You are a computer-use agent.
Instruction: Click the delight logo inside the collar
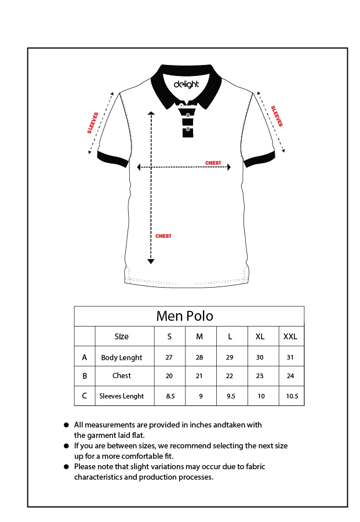(x=186, y=84)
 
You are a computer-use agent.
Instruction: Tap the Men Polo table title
(x=185, y=316)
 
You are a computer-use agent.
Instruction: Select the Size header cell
(x=122, y=336)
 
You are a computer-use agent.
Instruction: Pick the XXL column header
(x=290, y=336)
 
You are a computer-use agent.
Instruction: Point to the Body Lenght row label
(x=122, y=357)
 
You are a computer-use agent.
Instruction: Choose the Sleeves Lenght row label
(x=122, y=396)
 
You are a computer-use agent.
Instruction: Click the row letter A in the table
(x=85, y=357)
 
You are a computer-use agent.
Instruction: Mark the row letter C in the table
(x=85, y=396)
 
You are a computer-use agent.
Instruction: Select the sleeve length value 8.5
(x=170, y=396)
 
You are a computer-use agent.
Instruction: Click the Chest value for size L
(x=230, y=376)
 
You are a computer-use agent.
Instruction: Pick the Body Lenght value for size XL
(x=260, y=357)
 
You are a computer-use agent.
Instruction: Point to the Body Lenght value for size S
(x=169, y=357)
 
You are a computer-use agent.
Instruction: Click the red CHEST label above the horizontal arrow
(x=213, y=163)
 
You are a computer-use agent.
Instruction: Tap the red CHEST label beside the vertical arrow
(x=163, y=236)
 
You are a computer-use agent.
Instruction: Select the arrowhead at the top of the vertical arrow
(x=151, y=114)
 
